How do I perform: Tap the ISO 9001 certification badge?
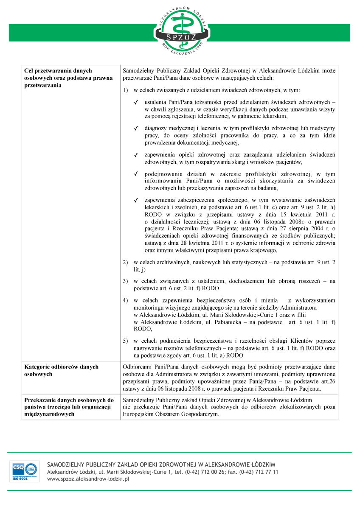pos(25,471)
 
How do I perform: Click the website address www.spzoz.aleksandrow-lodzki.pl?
pos(88,478)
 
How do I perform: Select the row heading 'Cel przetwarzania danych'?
pos(59,71)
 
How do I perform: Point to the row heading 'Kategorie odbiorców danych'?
pos(62,367)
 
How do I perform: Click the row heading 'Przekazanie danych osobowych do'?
pos(69,400)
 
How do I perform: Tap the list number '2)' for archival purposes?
pos(125,263)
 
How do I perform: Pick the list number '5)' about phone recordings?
pos(125,341)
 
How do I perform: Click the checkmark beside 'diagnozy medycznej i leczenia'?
pos(136,128)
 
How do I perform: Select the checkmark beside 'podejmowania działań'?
pos(136,174)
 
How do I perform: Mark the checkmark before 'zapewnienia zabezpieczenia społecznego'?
pos(136,200)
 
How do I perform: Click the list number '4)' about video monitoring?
pos(125,301)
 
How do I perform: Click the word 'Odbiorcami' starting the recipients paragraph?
pos(136,367)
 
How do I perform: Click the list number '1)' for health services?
pos(125,91)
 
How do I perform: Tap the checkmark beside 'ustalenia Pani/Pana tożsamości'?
pos(136,103)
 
